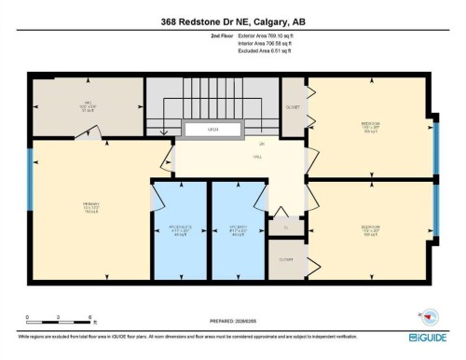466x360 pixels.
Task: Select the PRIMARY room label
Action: point(90,203)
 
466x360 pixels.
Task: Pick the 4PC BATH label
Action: point(238,228)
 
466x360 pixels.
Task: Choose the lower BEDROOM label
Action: point(370,228)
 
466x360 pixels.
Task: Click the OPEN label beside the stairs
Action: point(213,129)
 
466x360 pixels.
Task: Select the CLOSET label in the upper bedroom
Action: point(293,106)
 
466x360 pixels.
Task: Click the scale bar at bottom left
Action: point(58,322)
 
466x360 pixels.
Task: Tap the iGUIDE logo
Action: point(427,338)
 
